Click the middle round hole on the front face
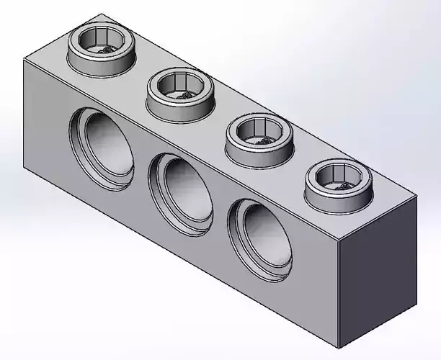tap(181, 188)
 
